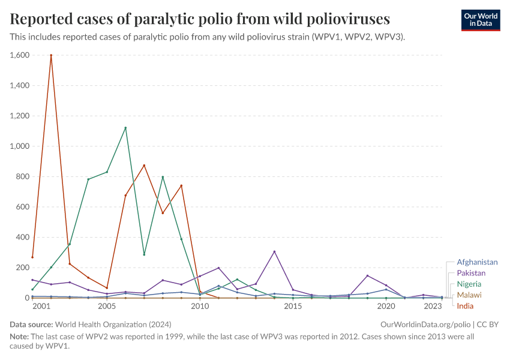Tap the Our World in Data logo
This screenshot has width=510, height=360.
pyautogui.click(x=480, y=20)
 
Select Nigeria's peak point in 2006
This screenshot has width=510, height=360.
pyautogui.click(x=125, y=128)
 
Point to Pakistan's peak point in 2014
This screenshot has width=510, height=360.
pyautogui.click(x=274, y=251)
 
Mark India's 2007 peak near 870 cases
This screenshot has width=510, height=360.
pyautogui.click(x=144, y=166)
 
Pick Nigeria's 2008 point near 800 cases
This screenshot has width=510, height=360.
pyautogui.click(x=163, y=177)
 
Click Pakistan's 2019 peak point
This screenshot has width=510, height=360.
pyautogui.click(x=367, y=276)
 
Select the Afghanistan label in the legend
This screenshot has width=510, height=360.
pyautogui.click(x=477, y=262)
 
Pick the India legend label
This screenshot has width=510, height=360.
pyautogui.click(x=465, y=306)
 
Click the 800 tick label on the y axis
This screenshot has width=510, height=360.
pyautogui.click(x=22, y=176)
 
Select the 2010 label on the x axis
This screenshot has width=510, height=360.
pyautogui.click(x=200, y=307)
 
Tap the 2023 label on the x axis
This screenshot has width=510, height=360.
pyautogui.click(x=433, y=307)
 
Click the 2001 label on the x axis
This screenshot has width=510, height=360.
pyautogui.click(x=41, y=307)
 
